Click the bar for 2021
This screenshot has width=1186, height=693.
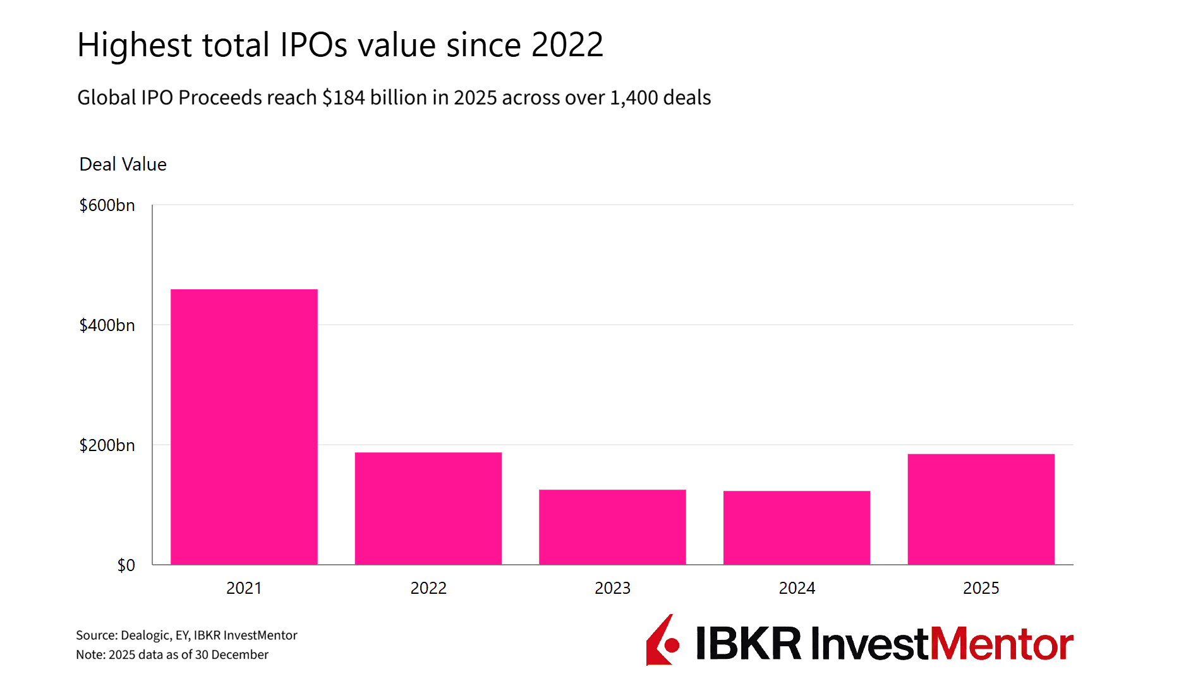tap(244, 426)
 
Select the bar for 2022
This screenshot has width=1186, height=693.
tap(428, 508)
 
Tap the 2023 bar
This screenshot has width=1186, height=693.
tap(612, 527)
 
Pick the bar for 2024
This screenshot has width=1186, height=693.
tap(796, 527)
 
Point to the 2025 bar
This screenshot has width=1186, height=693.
tap(981, 509)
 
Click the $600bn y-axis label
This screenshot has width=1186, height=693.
tap(107, 205)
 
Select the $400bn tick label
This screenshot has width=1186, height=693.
tap(107, 325)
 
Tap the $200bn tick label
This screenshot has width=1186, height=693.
tap(107, 445)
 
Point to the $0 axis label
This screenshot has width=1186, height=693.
tap(126, 565)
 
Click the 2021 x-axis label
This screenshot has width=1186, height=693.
tap(244, 588)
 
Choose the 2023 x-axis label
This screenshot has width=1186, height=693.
tap(612, 588)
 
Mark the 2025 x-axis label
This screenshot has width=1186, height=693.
tap(981, 588)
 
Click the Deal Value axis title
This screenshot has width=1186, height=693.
tap(123, 164)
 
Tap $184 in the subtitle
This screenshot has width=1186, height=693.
tap(343, 98)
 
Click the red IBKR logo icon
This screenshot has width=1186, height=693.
tap(662, 641)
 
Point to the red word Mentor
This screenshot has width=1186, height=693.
tap(1001, 644)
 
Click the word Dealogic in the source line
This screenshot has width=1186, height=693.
tap(145, 636)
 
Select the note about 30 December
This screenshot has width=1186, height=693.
tap(172, 655)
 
